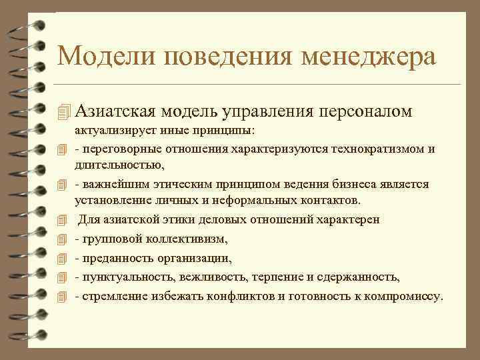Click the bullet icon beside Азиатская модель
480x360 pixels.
coord(63,111)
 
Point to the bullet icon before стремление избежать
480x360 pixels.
coord(63,296)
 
